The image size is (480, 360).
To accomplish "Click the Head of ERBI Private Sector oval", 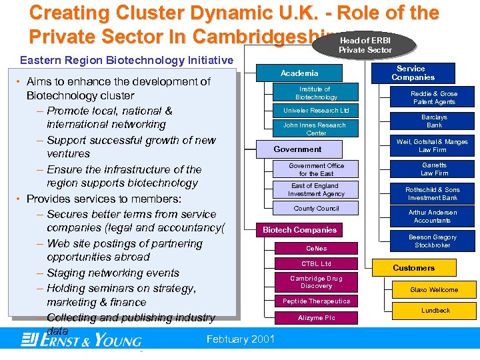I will coord(365,45).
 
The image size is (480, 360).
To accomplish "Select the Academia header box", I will coord(299,73).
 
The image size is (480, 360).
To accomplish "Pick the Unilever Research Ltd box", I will coord(316,111).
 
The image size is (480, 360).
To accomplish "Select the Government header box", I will coord(297,149).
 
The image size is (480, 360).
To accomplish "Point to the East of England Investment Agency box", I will coord(316,190).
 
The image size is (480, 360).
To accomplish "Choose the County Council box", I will coord(316,209).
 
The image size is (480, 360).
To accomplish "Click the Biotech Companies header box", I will coord(299,230).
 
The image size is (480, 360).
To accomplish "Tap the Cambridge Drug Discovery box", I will coord(316,282).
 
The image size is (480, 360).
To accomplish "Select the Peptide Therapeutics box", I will coord(316,301).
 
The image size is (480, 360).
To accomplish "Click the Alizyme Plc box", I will coord(316,319).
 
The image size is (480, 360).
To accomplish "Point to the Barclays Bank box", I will coord(434,121).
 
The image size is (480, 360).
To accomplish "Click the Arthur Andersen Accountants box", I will coord(432,217).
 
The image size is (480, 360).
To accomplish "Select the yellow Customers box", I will coord(414,268).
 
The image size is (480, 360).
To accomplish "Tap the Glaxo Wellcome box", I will coord(434,290).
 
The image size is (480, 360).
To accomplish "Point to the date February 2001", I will coord(241,339).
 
